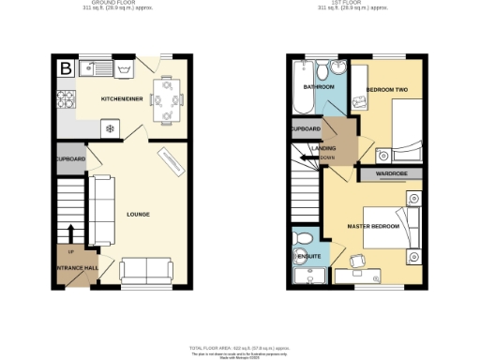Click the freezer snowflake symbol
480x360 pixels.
pos(109,128)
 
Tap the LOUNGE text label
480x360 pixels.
pos(139,214)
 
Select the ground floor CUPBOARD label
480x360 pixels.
pos(70,159)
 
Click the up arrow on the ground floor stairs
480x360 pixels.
pos(70,233)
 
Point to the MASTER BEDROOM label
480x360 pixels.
pos(373,227)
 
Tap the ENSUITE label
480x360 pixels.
pos(308,255)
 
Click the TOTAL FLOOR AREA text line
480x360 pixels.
pos(239,347)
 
